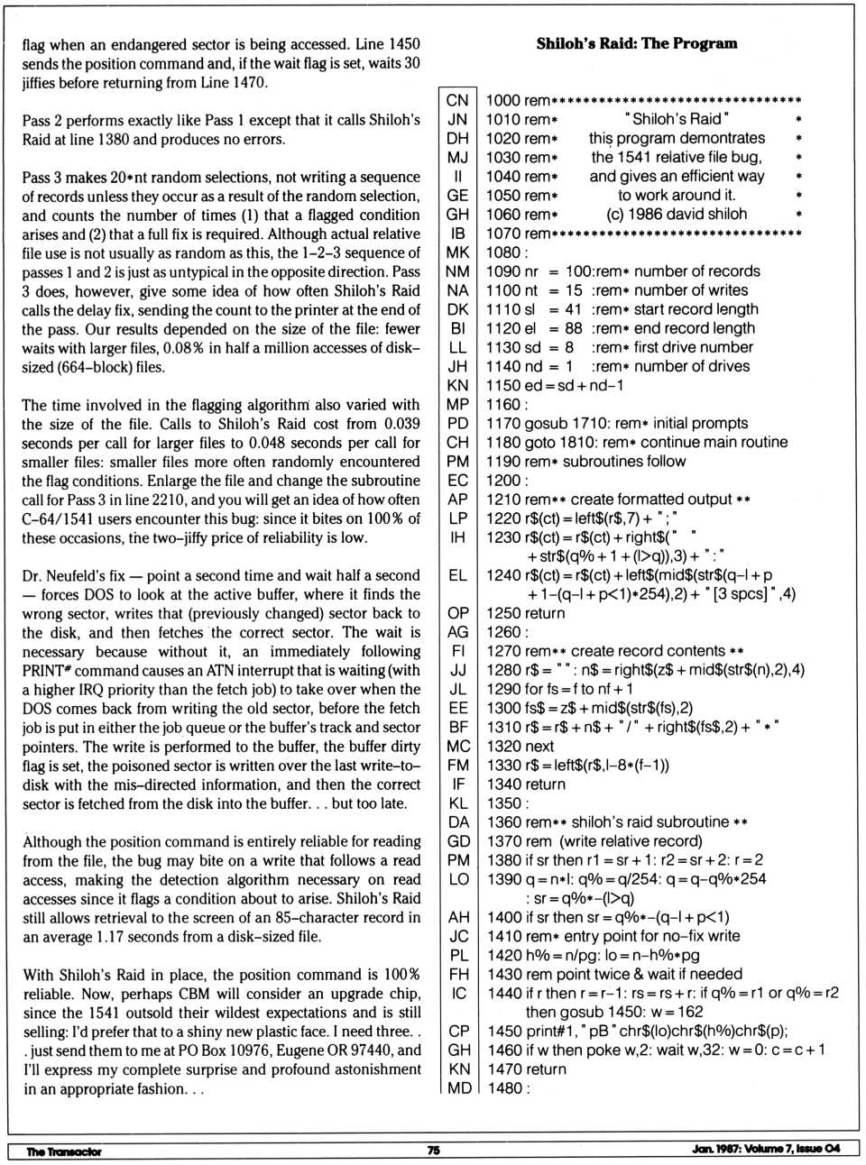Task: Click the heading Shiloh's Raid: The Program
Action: [x=637, y=43]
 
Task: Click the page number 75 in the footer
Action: [x=433, y=1150]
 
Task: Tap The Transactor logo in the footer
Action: [x=64, y=1151]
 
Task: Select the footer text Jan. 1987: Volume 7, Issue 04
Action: [x=766, y=1149]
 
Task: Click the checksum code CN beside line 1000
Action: [x=457, y=100]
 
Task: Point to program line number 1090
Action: [x=503, y=271]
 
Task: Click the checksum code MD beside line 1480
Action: [x=458, y=1088]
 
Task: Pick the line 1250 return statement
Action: [x=525, y=613]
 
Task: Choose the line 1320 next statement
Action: [x=520, y=746]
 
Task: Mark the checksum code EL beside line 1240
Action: [x=457, y=574]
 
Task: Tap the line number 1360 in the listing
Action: [x=503, y=822]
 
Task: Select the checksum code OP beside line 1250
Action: [x=457, y=613]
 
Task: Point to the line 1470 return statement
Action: [x=526, y=1069]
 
